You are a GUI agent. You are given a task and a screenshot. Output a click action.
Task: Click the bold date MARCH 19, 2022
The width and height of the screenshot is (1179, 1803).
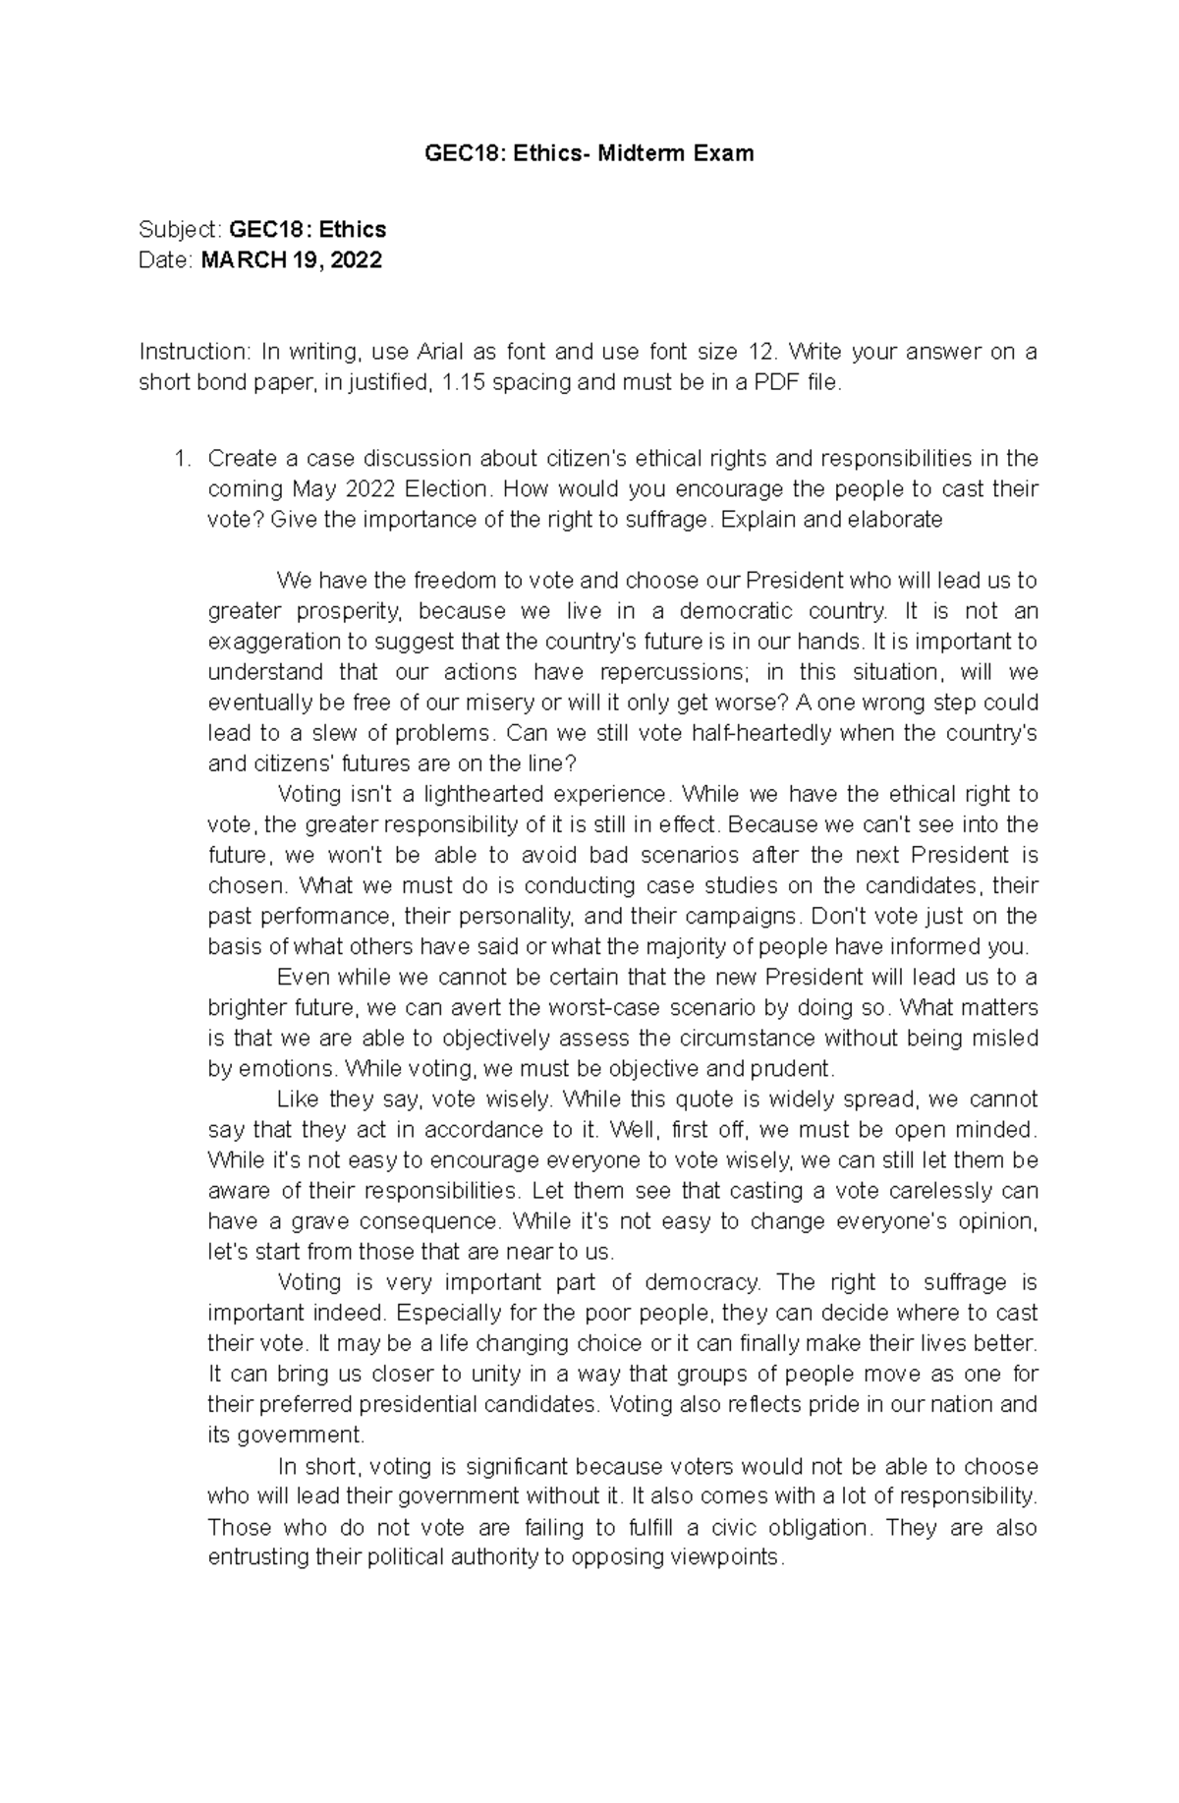point(291,260)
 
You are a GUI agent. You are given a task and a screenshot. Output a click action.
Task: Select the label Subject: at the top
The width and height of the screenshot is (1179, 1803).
point(181,230)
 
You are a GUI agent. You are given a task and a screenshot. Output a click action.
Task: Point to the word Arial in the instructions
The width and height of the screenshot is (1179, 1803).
point(442,352)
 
